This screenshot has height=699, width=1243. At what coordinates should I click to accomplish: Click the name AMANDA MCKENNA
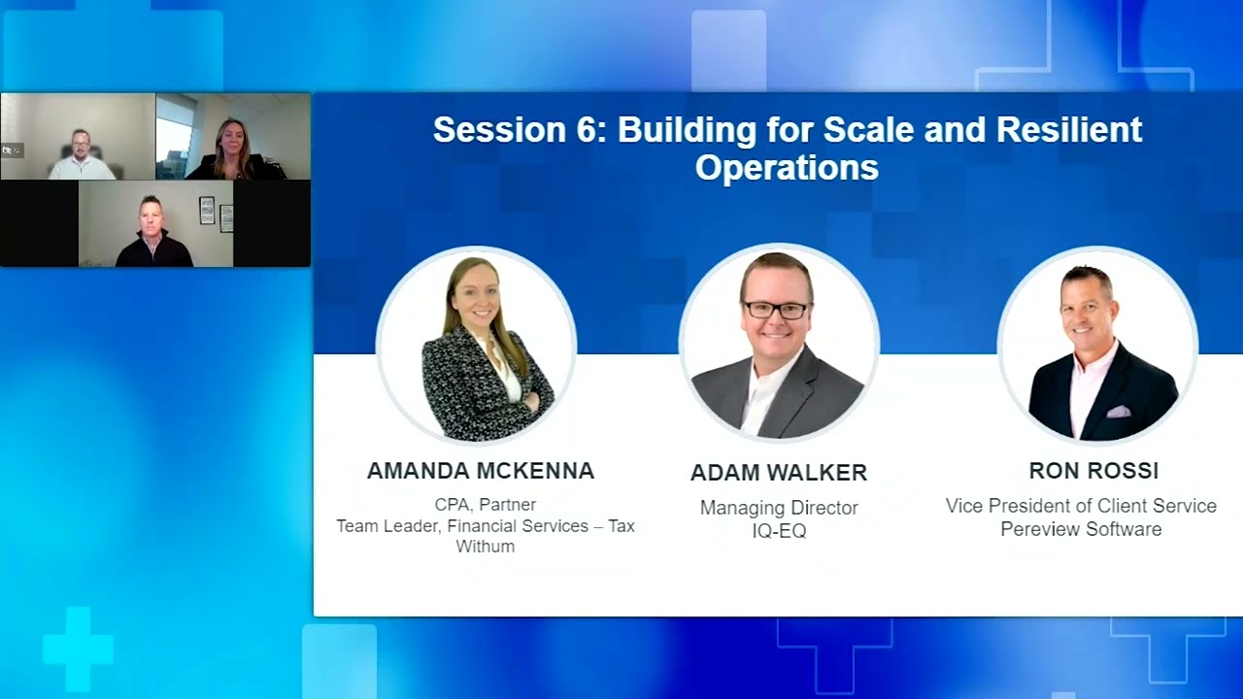480,471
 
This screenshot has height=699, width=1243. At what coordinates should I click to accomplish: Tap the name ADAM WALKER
778,473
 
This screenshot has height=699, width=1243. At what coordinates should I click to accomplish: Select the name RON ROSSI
1093,471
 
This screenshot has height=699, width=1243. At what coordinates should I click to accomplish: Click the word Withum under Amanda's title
485,547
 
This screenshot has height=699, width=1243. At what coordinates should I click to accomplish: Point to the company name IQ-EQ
779,531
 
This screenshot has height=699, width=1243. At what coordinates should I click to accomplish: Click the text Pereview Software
1081,529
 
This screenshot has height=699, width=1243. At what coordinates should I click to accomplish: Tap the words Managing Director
779,508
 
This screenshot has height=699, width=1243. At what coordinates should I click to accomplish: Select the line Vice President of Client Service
1081,506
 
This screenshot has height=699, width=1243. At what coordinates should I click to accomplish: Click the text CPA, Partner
485,505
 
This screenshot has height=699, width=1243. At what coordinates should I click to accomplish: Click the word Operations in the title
787,168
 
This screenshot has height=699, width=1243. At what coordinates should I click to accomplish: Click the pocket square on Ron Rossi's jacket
1118,411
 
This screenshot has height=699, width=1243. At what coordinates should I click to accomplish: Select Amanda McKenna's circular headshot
476,345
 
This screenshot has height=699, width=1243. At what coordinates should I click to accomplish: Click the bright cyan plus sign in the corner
78,649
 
